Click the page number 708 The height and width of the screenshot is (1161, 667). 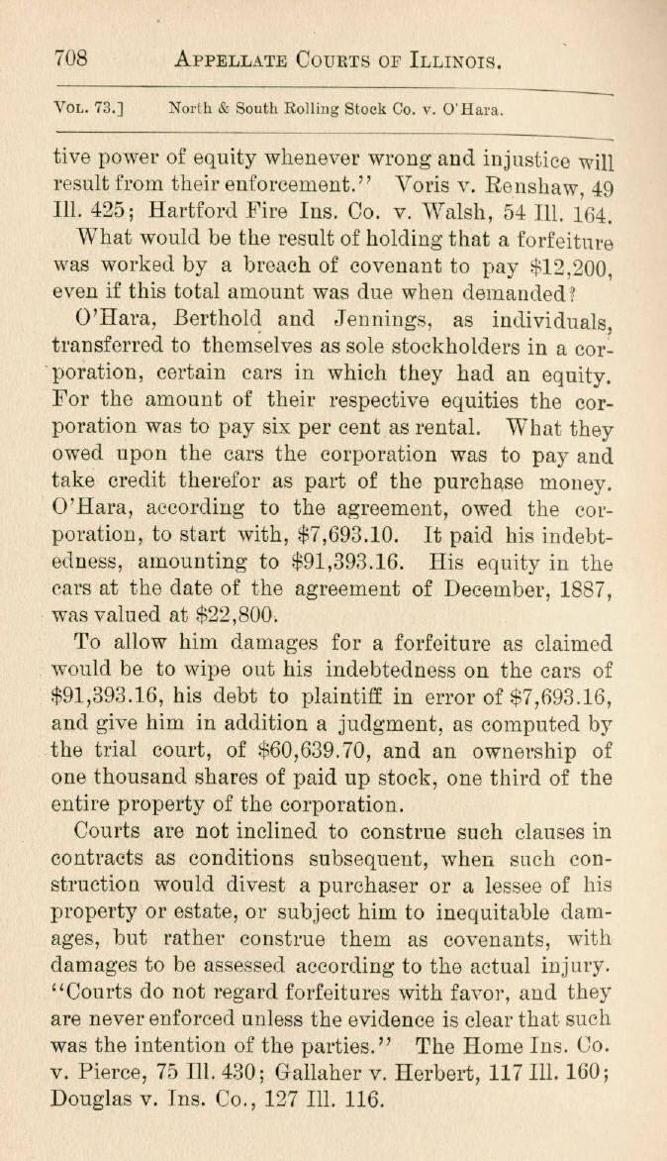point(71,58)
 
